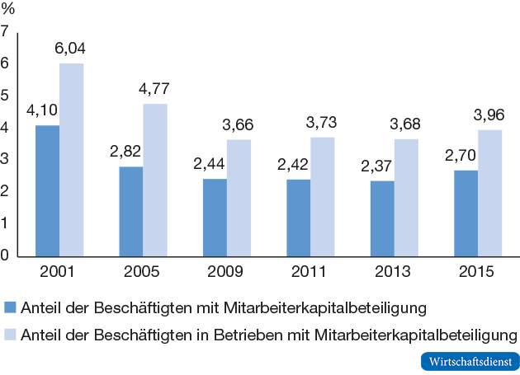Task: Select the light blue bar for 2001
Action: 71,159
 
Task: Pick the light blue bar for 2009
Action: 239,197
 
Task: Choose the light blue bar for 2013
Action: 406,197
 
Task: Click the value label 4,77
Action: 154,90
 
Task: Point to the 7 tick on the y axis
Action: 6,32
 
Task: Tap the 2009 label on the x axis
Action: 225,272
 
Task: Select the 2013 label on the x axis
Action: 394,272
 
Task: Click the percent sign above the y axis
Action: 9,11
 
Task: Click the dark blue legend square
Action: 11,308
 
